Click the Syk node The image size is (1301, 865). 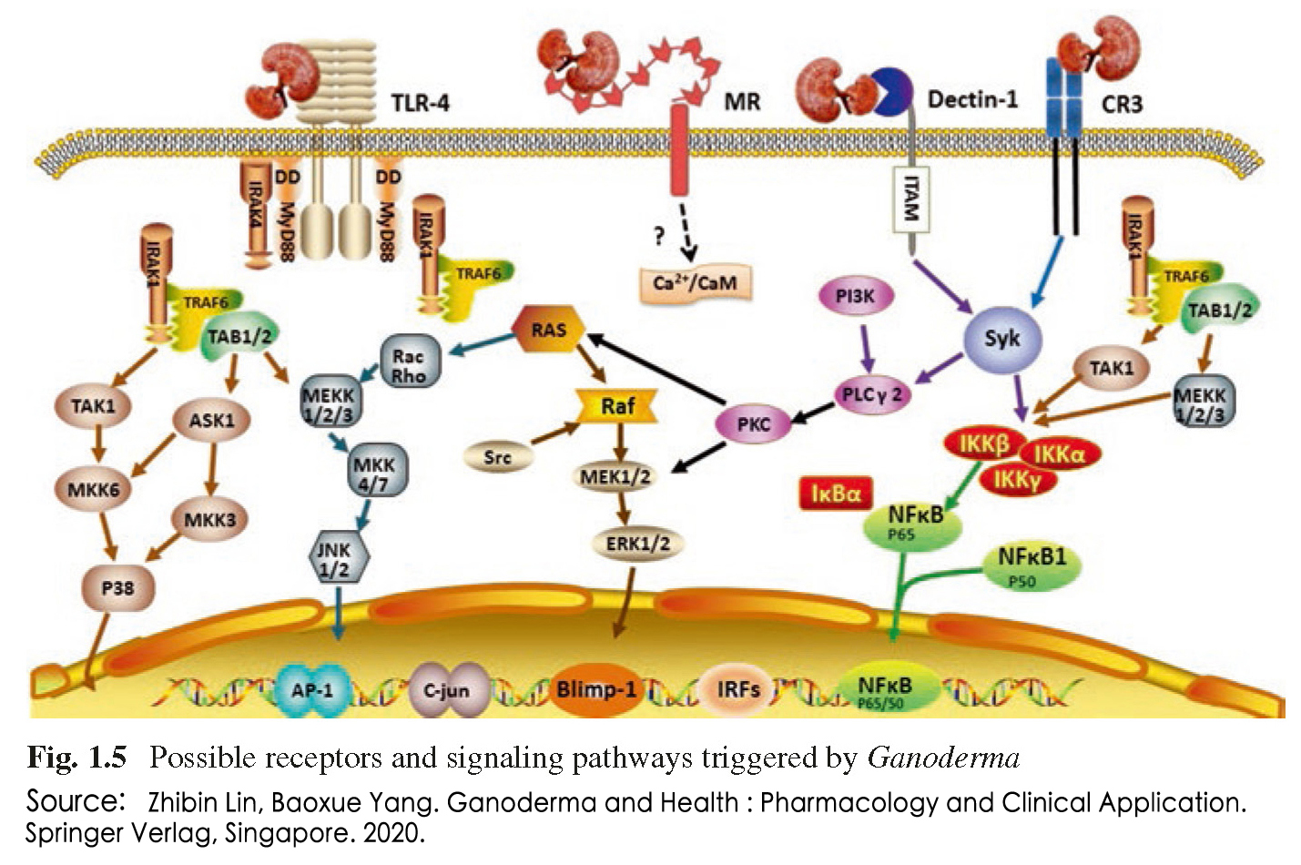tap(1002, 339)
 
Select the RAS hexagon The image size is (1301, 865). tap(548, 330)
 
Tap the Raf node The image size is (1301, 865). tap(618, 406)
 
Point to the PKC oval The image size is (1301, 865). tap(753, 423)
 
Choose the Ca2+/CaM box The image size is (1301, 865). tap(695, 283)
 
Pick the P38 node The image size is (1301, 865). tap(117, 588)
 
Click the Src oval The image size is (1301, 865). tap(496, 457)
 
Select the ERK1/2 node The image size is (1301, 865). tap(637, 544)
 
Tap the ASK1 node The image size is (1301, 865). tap(211, 421)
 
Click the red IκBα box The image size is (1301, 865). tap(835, 494)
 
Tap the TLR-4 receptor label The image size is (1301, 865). tap(420, 102)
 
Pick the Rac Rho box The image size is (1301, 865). tap(409, 365)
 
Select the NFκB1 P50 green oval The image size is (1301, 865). tap(1031, 566)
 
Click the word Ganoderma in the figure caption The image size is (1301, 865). tap(943, 758)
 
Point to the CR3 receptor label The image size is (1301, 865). tap(1121, 104)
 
